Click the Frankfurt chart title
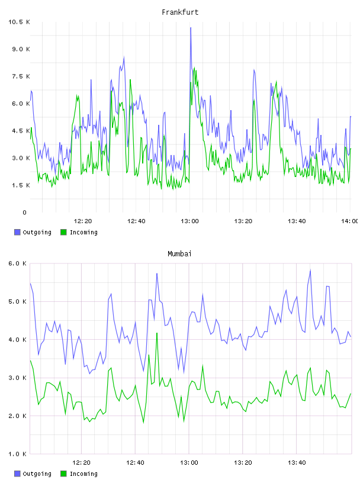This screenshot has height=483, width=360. pyautogui.click(x=180, y=12)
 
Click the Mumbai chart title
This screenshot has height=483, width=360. pyautogui.click(x=179, y=254)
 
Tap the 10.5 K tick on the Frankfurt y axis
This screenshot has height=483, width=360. pyautogui.click(x=19, y=22)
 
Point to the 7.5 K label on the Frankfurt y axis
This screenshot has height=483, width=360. pyautogui.click(x=21, y=76)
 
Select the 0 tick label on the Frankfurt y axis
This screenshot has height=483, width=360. pyautogui.click(x=25, y=212)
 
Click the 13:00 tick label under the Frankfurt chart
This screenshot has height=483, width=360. pyautogui.click(x=189, y=221)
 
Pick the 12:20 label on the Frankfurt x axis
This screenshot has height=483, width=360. pyautogui.click(x=83, y=221)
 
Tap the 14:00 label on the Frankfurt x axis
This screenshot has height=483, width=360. pyautogui.click(x=350, y=221)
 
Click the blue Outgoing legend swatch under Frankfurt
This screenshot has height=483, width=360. pyautogui.click(x=17, y=232)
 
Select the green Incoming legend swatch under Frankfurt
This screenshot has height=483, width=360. pyautogui.click(x=63, y=232)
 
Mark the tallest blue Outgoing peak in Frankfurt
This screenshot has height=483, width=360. pyautogui.click(x=191, y=28)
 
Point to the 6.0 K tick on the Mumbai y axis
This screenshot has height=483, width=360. pyautogui.click(x=17, y=263)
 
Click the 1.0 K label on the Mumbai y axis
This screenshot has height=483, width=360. pyautogui.click(x=17, y=454)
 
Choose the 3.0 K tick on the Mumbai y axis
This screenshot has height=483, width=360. pyautogui.click(x=17, y=378)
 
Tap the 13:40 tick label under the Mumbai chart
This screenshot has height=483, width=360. pyautogui.click(x=297, y=463)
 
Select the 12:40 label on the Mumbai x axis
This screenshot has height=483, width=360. pyautogui.click(x=136, y=463)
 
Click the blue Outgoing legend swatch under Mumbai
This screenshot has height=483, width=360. pyautogui.click(x=17, y=474)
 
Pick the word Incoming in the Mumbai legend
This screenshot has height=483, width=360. pyautogui.click(x=83, y=474)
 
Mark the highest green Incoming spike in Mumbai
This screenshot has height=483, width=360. pyautogui.click(x=157, y=333)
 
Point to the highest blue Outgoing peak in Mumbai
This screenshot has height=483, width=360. pyautogui.click(x=310, y=270)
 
